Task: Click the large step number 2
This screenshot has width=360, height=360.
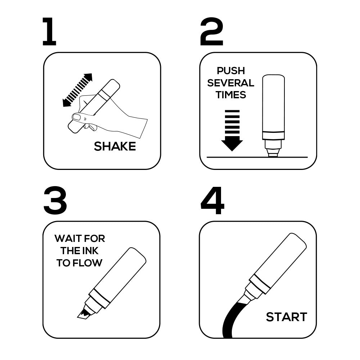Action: (211, 31)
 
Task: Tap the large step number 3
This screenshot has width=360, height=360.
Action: (55, 201)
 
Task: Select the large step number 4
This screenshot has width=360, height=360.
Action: (212, 201)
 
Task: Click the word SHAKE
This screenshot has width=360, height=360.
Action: (115, 146)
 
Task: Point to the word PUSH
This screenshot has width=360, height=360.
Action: (231, 71)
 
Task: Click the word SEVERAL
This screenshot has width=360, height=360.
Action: (231, 83)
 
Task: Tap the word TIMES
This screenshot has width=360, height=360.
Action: (231, 95)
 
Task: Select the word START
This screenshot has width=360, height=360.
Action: (287, 317)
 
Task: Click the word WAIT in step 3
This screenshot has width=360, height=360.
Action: (67, 239)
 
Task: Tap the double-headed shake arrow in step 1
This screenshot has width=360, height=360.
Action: (77, 90)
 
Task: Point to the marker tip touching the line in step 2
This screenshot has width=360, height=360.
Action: (273, 155)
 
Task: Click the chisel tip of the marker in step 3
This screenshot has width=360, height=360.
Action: (83, 314)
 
